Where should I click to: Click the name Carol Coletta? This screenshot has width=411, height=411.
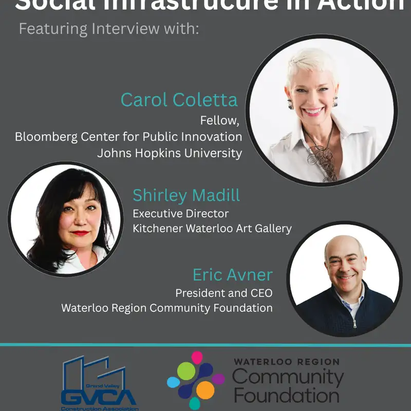tap(179, 99)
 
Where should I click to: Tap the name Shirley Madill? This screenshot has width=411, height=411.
tap(186, 195)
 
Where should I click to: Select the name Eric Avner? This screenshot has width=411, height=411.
tap(232, 275)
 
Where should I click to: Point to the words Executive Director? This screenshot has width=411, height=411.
tap(180, 213)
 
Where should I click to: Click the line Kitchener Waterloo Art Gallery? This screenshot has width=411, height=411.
tap(212, 228)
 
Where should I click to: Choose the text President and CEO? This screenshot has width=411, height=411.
tap(224, 293)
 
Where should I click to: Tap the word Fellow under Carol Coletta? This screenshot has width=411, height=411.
tap(220, 121)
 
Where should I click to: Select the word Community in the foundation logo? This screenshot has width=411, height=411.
tap(288, 378)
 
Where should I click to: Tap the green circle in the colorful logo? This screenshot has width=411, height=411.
tap(186, 371)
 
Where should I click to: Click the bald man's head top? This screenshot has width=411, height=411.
tap(344, 241)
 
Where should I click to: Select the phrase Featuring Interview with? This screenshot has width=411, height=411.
tap(108, 28)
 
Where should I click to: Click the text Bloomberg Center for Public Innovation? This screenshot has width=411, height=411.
tap(128, 137)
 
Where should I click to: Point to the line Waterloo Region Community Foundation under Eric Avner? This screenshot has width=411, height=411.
tap(167, 308)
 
